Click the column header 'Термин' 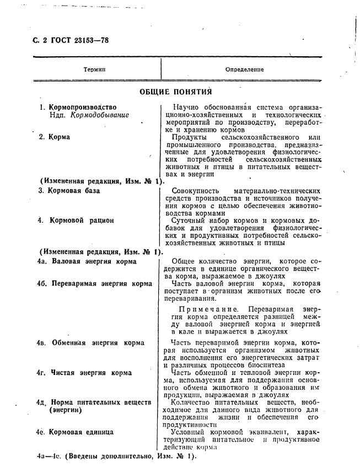(94, 70)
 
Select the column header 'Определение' (244, 70)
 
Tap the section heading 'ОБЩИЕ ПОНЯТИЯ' (176, 92)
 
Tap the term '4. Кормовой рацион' (76, 221)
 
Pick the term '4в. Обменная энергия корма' (90, 342)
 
